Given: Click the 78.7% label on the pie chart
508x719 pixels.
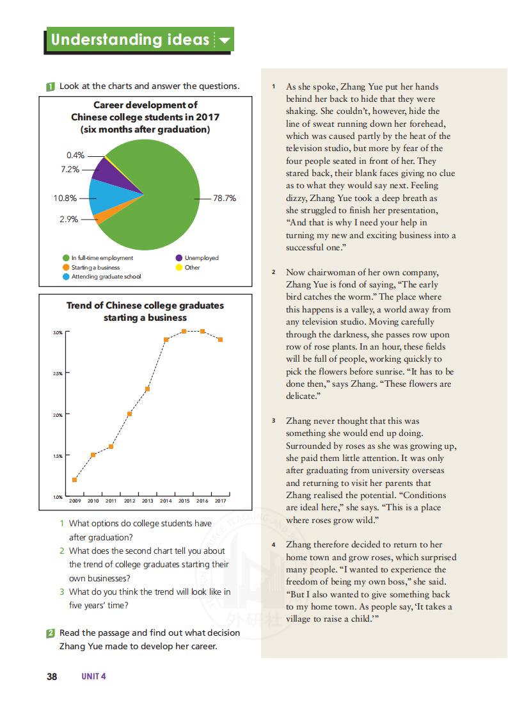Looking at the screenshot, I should point(225,198).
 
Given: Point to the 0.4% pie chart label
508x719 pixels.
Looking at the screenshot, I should point(75,156).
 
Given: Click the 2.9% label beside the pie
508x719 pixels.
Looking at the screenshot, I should point(68,219).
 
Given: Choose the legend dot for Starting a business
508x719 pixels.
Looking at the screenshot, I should point(66,267).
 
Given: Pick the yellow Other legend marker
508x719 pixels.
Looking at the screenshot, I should point(179,267).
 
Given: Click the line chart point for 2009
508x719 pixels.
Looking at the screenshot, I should point(75,480).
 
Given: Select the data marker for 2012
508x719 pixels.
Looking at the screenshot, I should point(129,414).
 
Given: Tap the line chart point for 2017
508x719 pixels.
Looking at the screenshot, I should point(220,339).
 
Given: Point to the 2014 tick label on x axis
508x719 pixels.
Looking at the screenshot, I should point(166,501).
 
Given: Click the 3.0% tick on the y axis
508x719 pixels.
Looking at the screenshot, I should point(58,333).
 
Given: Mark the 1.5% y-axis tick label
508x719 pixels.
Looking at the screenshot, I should point(58,456).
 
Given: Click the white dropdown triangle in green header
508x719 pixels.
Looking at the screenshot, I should point(224,41).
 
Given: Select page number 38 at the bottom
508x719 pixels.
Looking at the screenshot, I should point(52,676).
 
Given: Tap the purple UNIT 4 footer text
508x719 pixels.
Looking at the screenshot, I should point(93,676).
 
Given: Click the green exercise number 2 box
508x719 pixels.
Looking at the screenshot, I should point(51,633).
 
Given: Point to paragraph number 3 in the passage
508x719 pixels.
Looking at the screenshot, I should point(273,421).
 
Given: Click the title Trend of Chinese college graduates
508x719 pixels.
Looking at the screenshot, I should point(145,305).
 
